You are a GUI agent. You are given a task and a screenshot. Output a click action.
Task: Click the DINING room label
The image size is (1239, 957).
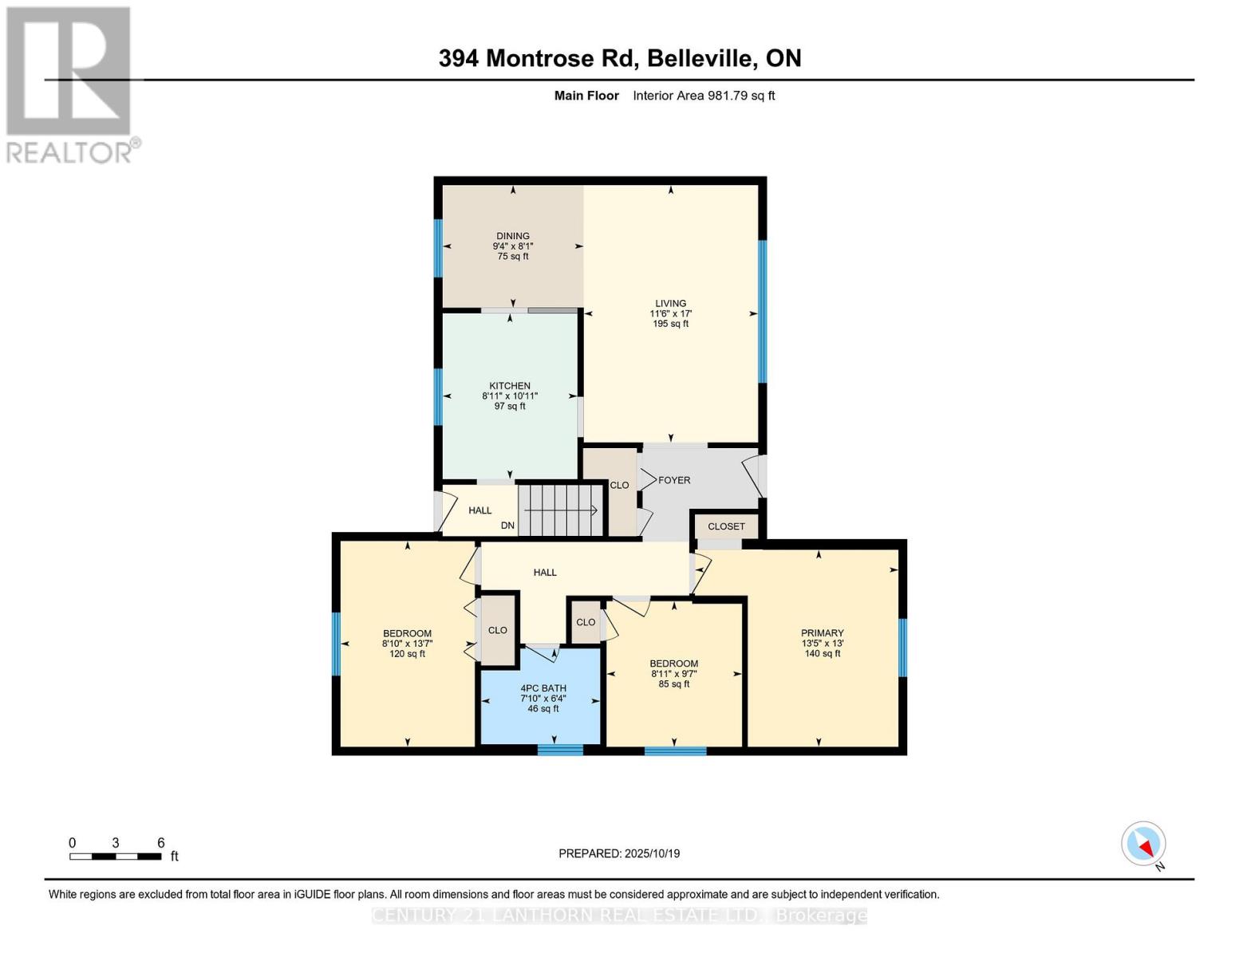coord(512,236)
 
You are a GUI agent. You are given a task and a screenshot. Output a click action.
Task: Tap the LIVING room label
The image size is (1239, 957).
coord(670,303)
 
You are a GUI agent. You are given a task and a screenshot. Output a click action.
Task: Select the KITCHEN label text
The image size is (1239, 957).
coord(510,386)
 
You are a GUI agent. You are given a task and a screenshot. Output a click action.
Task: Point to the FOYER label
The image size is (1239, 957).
coord(674,480)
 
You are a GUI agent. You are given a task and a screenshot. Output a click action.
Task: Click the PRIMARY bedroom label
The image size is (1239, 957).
coord(823,633)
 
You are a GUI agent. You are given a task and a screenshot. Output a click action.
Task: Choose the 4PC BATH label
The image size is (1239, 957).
coord(543,688)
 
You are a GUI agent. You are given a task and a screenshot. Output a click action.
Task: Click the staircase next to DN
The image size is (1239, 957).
coord(561,510)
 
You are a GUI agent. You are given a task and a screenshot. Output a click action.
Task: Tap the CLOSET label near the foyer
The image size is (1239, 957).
coord(726,526)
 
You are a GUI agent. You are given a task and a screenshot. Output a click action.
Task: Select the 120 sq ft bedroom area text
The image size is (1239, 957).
coord(407,654)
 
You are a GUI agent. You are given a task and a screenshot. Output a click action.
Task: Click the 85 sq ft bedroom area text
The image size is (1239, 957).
coord(674,684)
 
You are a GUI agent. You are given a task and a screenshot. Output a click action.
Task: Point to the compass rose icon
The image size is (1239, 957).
coord(1143,844)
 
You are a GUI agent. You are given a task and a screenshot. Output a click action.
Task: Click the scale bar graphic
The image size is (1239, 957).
coord(116,857)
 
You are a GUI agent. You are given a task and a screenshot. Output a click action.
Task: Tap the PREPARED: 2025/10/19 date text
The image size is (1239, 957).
coord(619,853)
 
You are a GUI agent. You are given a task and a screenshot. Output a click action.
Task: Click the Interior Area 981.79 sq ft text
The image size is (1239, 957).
coord(704,96)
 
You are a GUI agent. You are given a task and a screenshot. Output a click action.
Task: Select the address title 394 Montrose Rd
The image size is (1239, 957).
coord(619,58)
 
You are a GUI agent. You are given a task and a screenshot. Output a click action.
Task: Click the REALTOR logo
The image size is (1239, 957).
coord(70,84)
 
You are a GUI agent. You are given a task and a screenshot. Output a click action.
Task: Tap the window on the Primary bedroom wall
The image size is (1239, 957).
coord(902,647)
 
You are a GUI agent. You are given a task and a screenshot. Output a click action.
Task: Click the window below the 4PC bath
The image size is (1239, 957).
coord(560,749)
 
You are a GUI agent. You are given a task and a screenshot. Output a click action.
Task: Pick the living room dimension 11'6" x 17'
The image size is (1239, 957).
coord(670,313)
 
